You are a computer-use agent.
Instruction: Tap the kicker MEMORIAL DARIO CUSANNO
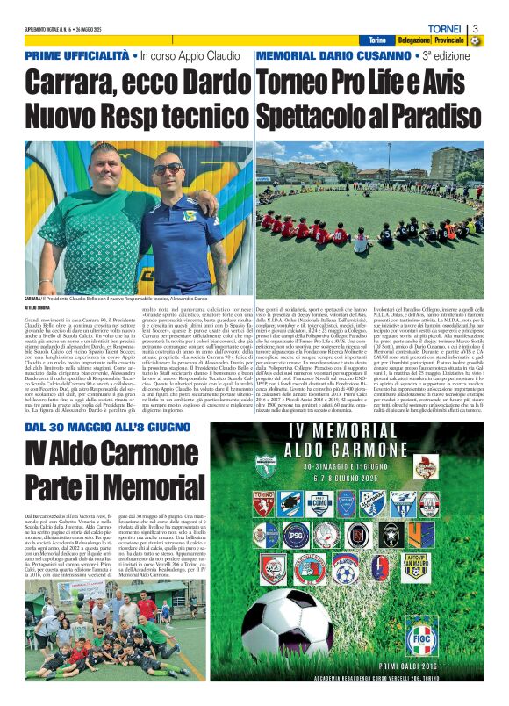334,55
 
